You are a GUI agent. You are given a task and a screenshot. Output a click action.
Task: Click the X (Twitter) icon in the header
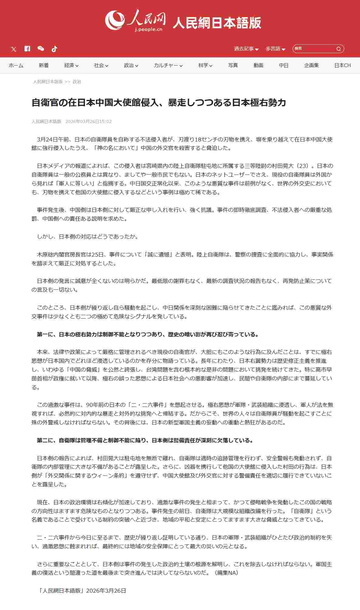click(x=14, y=49)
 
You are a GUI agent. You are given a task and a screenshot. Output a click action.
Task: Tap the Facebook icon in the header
click(x=27, y=49)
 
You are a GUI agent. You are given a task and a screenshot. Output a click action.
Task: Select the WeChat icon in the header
click(x=41, y=49)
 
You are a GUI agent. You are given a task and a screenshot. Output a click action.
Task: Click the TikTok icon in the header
click(x=54, y=49)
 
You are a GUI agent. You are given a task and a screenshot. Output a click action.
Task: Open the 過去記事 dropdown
click(x=246, y=49)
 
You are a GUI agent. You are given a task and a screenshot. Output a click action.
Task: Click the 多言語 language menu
click(x=275, y=49)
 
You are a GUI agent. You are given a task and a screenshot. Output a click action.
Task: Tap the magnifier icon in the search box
click(x=339, y=49)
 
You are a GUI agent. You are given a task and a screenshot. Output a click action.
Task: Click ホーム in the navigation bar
click(x=16, y=65)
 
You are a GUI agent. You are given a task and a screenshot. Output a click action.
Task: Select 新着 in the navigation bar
click(x=43, y=65)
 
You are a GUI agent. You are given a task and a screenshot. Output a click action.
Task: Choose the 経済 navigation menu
click(x=71, y=65)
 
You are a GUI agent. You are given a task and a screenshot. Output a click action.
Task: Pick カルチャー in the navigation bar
click(x=168, y=65)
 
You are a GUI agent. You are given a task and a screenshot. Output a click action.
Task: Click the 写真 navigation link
click(x=233, y=65)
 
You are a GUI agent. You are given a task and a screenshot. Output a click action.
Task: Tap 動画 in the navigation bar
click(x=258, y=65)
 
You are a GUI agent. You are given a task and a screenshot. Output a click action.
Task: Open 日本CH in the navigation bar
click(x=342, y=65)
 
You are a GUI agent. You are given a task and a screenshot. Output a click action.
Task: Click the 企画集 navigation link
click(x=311, y=65)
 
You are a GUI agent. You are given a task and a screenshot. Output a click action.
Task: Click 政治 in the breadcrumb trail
click(x=77, y=82)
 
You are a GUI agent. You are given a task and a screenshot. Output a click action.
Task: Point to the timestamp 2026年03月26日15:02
click(x=88, y=121)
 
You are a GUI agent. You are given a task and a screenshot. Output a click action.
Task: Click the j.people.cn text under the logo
click(x=149, y=29)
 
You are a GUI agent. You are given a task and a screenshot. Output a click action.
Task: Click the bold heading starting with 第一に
click(x=148, y=334)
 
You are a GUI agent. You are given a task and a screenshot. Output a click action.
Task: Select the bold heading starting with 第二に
click(x=145, y=440)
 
